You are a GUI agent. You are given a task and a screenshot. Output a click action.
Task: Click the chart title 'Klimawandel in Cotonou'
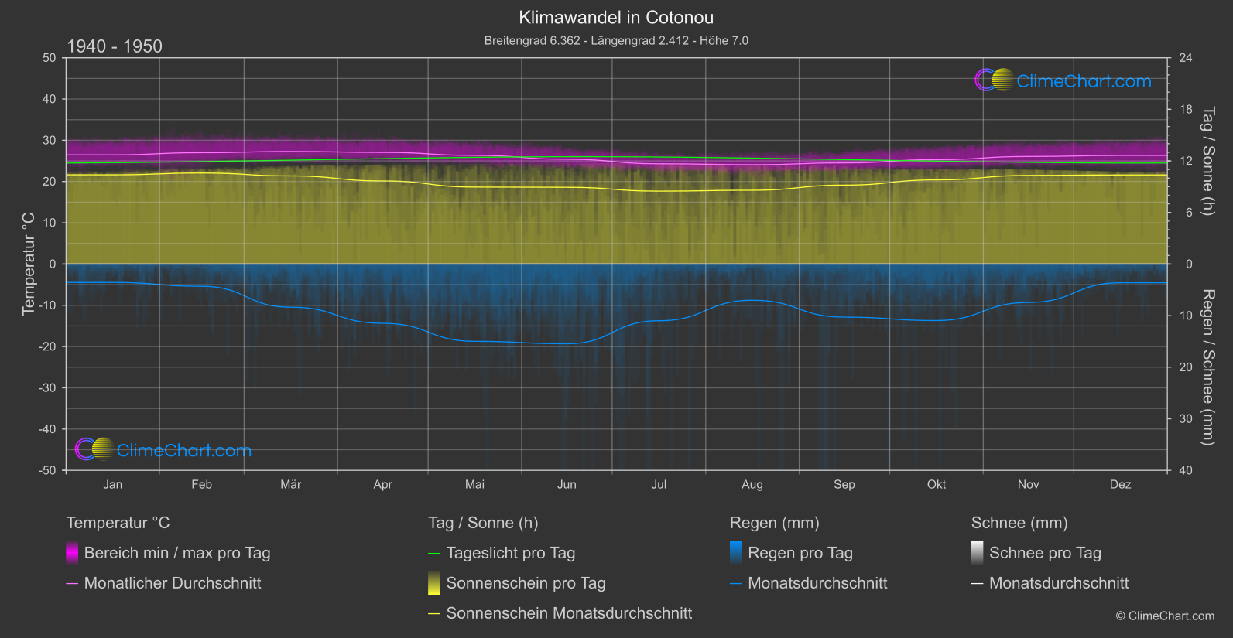[x=616, y=17]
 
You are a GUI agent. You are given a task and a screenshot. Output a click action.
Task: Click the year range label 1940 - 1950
[x=115, y=46]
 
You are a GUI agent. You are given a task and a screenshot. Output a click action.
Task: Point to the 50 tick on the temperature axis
[x=50, y=58]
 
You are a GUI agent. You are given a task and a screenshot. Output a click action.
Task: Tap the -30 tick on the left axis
[x=48, y=388]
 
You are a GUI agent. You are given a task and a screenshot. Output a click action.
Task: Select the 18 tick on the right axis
[x=1186, y=110]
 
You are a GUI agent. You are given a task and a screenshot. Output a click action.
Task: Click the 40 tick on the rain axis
[x=1186, y=470]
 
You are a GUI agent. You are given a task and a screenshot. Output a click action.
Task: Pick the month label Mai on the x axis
[x=474, y=485]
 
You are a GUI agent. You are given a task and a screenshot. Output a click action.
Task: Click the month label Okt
[x=937, y=485]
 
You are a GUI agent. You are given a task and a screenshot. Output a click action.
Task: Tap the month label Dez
[x=1120, y=485]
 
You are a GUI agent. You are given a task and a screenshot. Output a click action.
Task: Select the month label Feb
[x=201, y=485]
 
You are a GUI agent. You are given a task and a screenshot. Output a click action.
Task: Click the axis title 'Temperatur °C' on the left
[x=29, y=264]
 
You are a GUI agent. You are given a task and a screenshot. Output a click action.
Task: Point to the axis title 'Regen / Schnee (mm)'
[x=1207, y=367]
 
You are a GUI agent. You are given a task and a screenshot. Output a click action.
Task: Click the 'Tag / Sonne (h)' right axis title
[x=1207, y=161]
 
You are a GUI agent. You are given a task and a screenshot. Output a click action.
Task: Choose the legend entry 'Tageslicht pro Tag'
[x=510, y=553]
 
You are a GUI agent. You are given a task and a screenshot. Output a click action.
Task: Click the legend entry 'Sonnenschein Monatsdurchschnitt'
[x=569, y=613]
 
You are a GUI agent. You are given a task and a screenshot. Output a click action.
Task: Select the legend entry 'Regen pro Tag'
[x=800, y=553]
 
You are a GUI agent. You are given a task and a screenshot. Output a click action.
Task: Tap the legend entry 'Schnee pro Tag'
[x=1045, y=553]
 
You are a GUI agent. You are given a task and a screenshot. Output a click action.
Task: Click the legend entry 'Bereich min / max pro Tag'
[x=176, y=553]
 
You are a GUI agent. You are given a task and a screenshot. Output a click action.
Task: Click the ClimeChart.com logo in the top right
[x=1063, y=80]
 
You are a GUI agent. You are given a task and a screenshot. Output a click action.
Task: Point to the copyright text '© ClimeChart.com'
[x=1165, y=616]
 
